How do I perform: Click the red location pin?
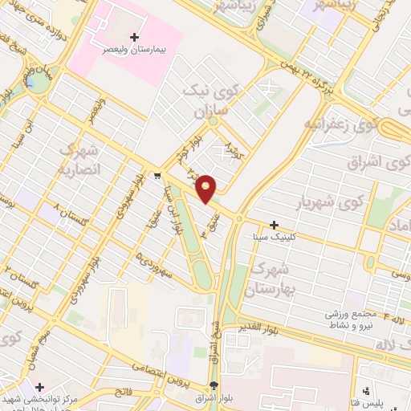point(206,188)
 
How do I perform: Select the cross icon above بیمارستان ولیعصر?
point(134,37)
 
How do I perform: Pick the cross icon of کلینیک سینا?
point(275,226)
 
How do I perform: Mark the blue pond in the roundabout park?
point(31,81)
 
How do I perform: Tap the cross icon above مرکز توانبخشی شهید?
point(39,387)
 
